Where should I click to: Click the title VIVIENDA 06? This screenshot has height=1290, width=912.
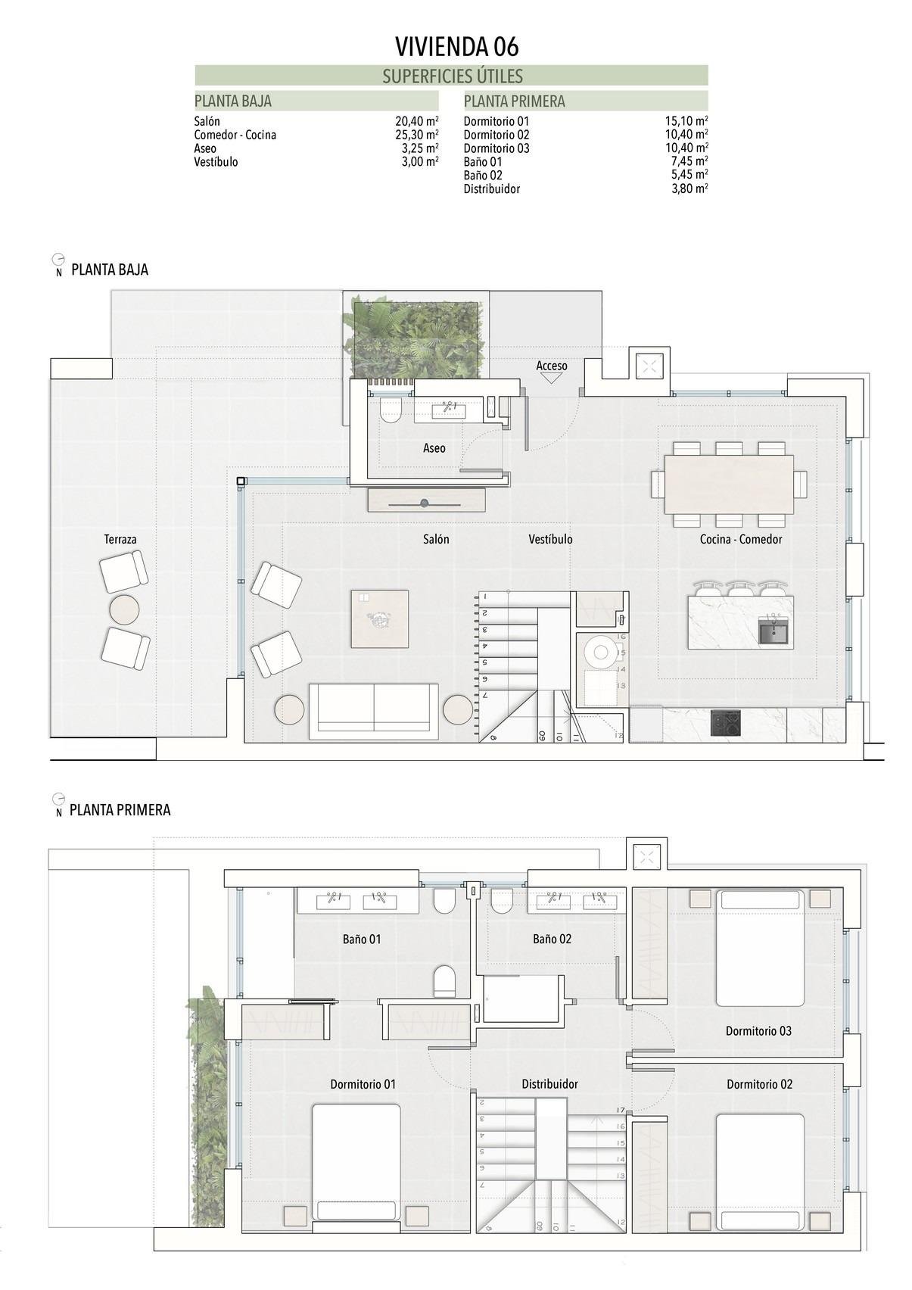[x=456, y=47]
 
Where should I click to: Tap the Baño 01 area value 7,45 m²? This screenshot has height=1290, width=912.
[x=689, y=161]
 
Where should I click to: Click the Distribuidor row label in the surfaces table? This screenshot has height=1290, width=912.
[x=491, y=189]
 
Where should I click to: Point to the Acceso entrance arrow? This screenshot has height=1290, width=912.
[x=551, y=377]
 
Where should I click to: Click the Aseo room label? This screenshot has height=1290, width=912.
[x=434, y=448]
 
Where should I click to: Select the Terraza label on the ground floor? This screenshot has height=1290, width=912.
[x=120, y=539]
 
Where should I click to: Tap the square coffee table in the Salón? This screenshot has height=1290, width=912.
[x=379, y=619]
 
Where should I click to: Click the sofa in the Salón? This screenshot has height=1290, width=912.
[x=373, y=711]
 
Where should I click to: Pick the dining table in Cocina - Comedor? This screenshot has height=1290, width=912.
[x=728, y=484]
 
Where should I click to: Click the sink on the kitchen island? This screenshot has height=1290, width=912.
[x=773, y=631]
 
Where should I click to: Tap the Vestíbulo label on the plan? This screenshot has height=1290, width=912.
[x=550, y=539]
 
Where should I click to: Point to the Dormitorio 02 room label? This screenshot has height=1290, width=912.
[x=759, y=1084]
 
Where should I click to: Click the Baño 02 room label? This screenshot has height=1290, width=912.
[x=552, y=939]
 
